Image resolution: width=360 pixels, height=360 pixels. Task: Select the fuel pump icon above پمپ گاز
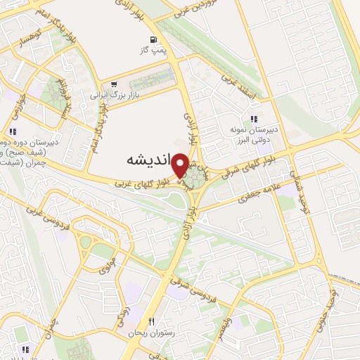click(153, 39)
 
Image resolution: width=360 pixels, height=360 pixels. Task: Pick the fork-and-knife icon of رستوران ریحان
click(150, 321)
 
